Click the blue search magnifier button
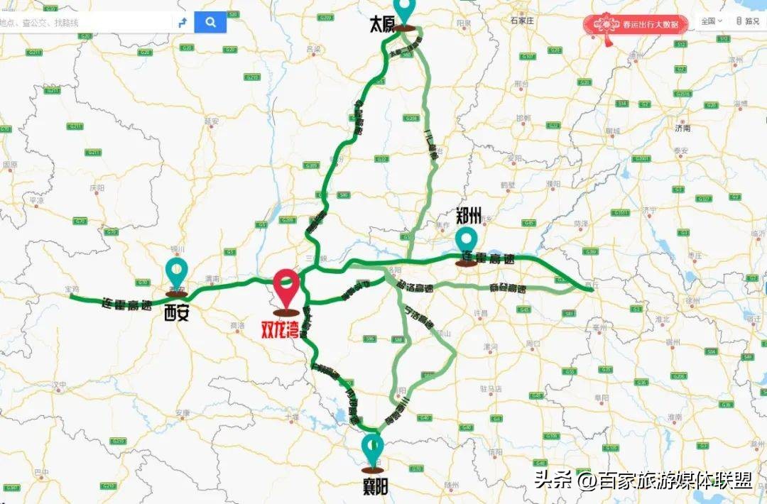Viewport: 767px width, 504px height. point(210,22)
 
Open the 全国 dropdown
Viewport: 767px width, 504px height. point(711,21)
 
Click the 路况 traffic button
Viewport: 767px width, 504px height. point(748,21)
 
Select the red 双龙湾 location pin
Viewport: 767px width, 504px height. point(287,291)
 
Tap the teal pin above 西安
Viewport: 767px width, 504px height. point(176,274)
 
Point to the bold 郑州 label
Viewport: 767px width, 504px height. point(469,215)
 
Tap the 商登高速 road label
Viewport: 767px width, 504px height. point(508,289)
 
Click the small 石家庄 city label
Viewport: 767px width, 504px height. point(521,21)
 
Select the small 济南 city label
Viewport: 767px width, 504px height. point(682,129)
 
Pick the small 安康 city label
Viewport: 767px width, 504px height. point(183,412)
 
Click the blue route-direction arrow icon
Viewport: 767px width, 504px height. point(183,22)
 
